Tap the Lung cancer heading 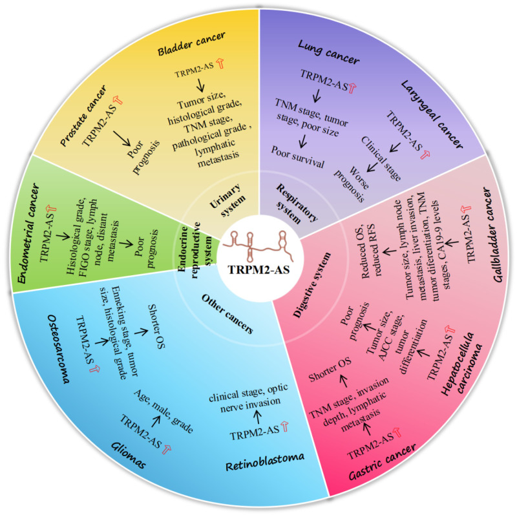(329, 52)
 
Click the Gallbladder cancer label (492, 230)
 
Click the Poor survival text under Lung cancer (298, 163)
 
